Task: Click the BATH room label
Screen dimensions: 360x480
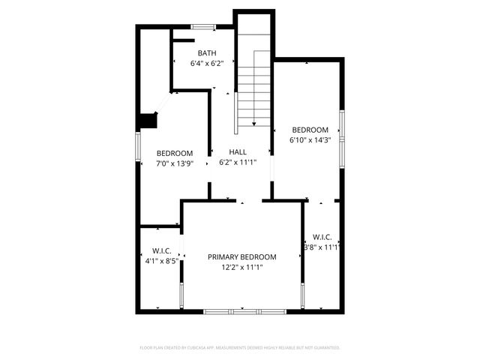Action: (207, 53)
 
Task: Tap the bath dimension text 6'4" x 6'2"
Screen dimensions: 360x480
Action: (207, 64)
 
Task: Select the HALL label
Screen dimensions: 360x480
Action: (238, 152)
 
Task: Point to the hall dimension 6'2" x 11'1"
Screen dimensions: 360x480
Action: (238, 162)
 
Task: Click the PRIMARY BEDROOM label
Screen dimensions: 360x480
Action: (241, 257)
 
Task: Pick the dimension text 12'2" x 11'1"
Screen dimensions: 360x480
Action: (241, 267)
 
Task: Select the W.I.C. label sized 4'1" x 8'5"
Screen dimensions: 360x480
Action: (163, 251)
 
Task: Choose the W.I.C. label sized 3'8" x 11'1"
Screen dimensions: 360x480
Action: (322, 237)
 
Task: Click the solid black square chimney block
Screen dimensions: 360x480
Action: (147, 120)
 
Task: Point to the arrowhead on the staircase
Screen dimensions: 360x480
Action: (254, 123)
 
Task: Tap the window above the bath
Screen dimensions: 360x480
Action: (203, 27)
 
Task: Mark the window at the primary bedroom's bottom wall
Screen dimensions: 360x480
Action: (242, 310)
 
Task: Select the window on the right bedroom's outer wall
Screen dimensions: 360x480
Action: (341, 136)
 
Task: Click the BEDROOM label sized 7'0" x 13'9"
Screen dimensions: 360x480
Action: (175, 153)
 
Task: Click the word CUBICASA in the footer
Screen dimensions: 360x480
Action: (198, 348)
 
